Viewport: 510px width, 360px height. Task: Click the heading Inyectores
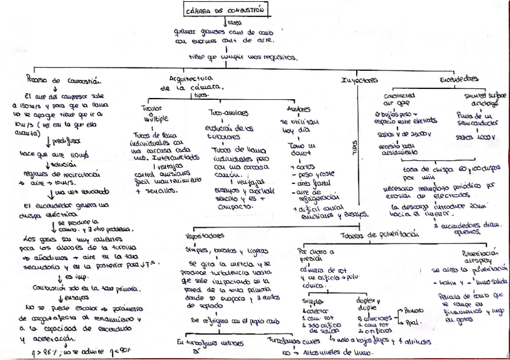tap(359, 80)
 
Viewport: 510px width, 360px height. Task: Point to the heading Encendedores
tap(459, 79)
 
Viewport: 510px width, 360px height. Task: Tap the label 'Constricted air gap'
tap(399, 99)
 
